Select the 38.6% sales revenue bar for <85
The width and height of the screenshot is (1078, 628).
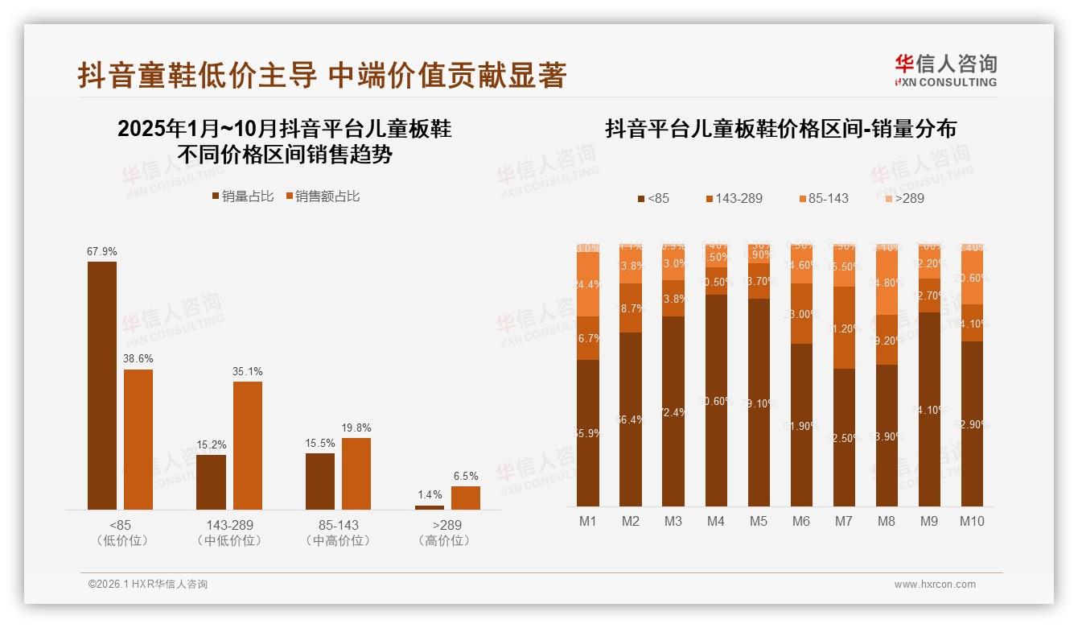138,439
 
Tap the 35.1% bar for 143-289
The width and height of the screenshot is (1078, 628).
248,444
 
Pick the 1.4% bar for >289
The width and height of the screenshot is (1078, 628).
430,507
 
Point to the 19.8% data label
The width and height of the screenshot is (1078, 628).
356,428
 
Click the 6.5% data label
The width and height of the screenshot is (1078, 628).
465,476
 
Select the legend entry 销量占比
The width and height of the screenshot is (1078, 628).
242,196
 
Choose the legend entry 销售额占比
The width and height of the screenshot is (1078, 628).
323,196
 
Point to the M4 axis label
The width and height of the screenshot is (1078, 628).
716,521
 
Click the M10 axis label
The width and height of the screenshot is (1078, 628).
972,521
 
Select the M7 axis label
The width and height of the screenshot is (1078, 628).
844,521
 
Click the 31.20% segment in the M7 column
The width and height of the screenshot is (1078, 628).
844,328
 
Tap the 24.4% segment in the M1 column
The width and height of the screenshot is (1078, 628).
588,284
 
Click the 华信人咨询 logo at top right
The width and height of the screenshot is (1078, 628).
945,71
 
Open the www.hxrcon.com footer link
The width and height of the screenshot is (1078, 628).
935,585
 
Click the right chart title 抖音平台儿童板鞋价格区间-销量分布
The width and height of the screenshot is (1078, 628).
780,129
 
